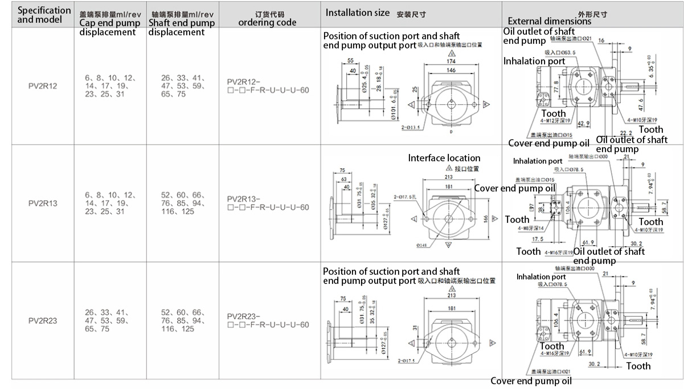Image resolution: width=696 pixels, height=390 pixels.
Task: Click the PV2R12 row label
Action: click(43, 86)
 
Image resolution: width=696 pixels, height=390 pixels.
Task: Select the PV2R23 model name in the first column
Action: click(43, 320)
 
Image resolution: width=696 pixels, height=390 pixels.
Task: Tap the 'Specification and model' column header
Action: click(44, 15)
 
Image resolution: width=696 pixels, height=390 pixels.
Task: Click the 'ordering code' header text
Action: click(267, 23)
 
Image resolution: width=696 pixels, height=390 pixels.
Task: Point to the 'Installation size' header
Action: click(358, 13)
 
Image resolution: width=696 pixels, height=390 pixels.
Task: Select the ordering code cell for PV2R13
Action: click(268, 203)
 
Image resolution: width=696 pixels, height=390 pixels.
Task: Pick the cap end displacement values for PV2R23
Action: click(107, 320)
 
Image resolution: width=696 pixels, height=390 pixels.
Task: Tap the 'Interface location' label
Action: click(444, 158)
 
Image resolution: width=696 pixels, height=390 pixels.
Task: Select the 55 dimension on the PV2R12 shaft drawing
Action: click(350, 60)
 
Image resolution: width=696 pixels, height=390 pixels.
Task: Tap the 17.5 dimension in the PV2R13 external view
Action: click(537, 239)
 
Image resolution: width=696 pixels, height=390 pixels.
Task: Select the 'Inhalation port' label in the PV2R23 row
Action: click(541, 277)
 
